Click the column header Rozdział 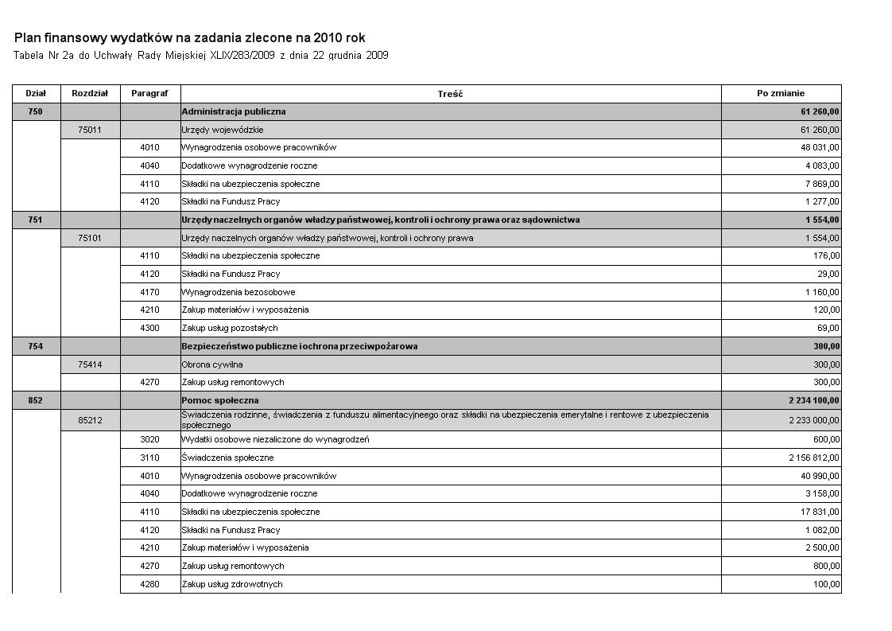click(x=90, y=93)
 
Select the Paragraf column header click(x=149, y=93)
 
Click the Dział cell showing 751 click(x=35, y=220)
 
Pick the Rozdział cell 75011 click(x=90, y=130)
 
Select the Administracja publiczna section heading click(x=234, y=111)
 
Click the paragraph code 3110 click(x=149, y=458)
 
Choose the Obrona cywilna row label click(x=212, y=364)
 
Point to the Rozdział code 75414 click(x=90, y=364)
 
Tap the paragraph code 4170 click(x=149, y=292)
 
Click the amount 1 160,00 click(x=822, y=292)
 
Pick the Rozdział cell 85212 click(x=90, y=420)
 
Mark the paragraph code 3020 click(x=149, y=439)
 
